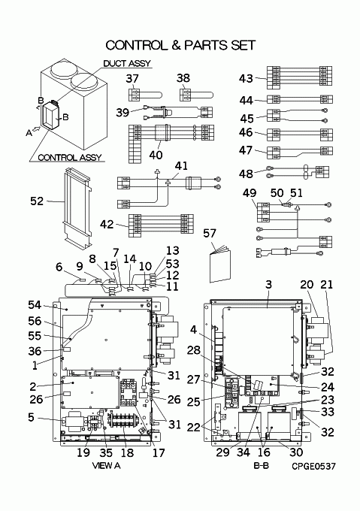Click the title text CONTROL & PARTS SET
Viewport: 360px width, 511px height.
coord(180,45)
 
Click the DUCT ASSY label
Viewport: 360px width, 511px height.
coord(127,63)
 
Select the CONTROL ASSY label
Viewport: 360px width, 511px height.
coord(70,158)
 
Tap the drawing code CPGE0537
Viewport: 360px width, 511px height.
coord(313,467)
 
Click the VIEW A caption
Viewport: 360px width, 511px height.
coord(107,466)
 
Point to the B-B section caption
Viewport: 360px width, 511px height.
coord(262,466)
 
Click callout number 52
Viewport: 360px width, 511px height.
coord(37,201)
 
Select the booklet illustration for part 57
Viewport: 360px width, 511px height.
coord(220,265)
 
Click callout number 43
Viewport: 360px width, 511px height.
coord(246,79)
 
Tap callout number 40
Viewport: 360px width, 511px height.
coord(156,155)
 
